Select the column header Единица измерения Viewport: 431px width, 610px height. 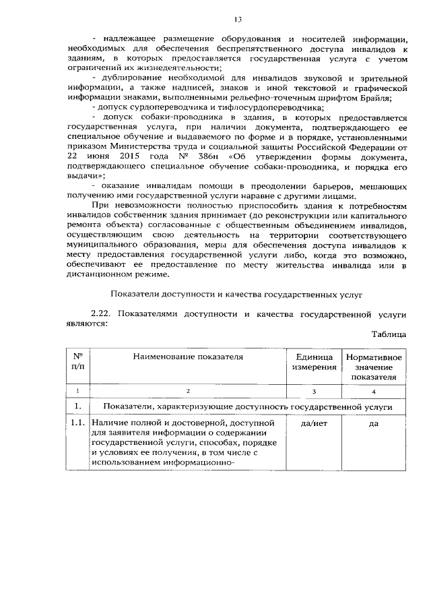(x=313, y=361)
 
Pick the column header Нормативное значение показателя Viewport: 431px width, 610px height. (x=373, y=367)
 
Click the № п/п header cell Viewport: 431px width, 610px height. (x=77, y=361)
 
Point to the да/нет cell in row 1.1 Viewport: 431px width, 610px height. (x=313, y=423)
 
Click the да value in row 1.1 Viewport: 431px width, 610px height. (x=373, y=423)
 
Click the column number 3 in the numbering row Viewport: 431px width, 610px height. (x=313, y=392)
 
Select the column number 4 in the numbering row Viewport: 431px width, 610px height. (x=373, y=392)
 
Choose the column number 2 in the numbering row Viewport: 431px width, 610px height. (x=188, y=392)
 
